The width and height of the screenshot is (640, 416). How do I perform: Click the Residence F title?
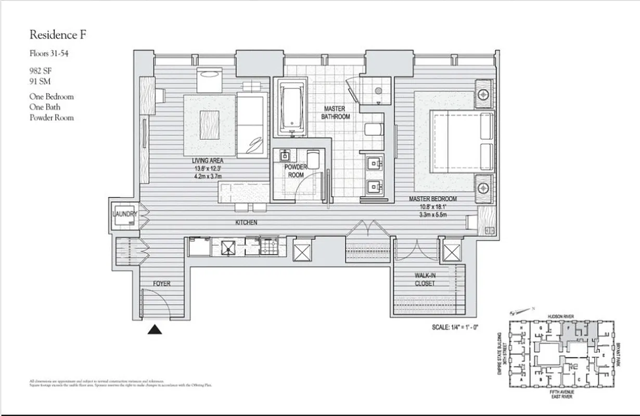tap(58, 35)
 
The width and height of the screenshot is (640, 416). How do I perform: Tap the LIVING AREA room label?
tap(207, 161)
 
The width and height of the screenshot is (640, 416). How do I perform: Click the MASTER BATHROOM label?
tap(335, 113)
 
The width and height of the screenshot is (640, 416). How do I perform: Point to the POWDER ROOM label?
tap(296, 171)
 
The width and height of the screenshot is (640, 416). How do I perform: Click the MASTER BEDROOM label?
tap(432, 199)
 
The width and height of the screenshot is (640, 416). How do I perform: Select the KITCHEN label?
tap(246, 223)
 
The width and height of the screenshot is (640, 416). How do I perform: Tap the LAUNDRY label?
tap(125, 214)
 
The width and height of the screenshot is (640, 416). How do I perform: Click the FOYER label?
tap(161, 283)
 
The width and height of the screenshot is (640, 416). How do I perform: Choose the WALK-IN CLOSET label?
tap(425, 279)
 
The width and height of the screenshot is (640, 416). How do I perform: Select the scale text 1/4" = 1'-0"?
tap(455, 328)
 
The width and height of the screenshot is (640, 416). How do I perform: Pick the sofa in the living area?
tap(252, 125)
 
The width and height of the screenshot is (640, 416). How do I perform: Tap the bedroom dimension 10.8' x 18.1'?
tap(432, 207)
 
